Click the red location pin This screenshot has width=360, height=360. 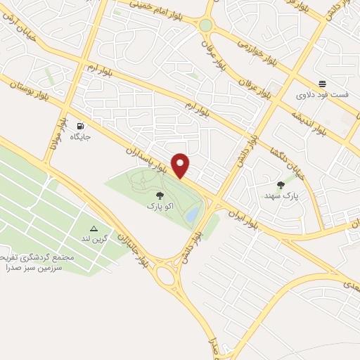point(181,165)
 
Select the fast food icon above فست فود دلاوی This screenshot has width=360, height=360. point(322,82)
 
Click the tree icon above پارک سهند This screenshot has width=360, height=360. point(281,185)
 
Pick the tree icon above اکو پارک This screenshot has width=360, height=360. point(160,195)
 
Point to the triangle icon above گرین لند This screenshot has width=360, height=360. point(94,229)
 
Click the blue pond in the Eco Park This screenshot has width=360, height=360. point(191,214)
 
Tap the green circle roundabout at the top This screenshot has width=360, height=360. point(205,25)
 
